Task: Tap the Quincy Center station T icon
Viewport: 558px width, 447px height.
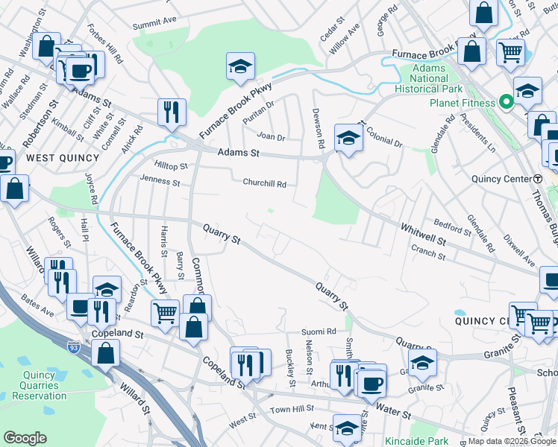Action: point(538,179)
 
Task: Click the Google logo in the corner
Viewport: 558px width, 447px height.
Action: point(25,438)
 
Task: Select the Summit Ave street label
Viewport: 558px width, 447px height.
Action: point(154,25)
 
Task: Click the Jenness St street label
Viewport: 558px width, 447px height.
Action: point(160,181)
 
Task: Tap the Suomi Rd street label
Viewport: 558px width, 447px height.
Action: point(319,331)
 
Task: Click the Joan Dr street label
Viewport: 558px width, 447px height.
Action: point(271,137)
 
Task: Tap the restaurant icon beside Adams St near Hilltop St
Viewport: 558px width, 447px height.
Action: point(172,112)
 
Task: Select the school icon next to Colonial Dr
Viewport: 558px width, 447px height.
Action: point(348,137)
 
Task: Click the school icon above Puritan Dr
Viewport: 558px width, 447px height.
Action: point(241,66)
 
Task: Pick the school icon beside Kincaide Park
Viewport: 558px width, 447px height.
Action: point(347,428)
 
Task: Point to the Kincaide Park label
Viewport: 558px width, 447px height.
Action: point(413,440)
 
